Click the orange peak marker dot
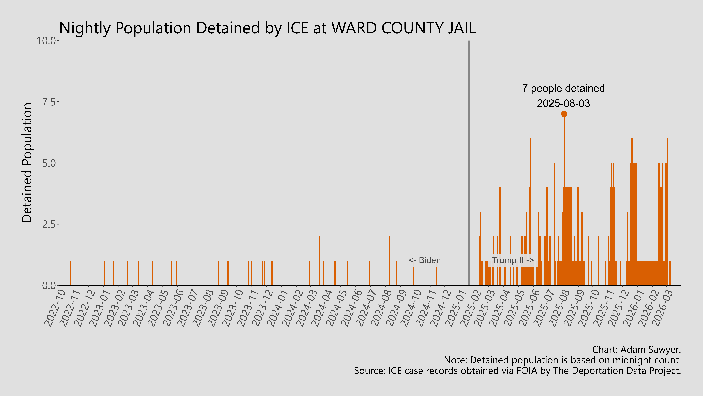click(x=564, y=114)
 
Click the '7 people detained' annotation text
click(x=563, y=89)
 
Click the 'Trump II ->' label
click(x=513, y=260)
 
